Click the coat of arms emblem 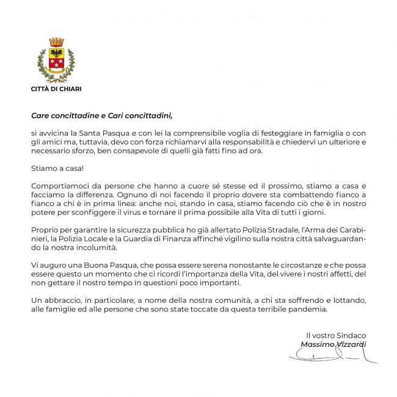(x=56, y=60)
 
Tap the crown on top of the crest (x=56, y=42)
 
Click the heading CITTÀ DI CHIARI (x=56, y=89)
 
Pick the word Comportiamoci (x=59, y=185)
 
